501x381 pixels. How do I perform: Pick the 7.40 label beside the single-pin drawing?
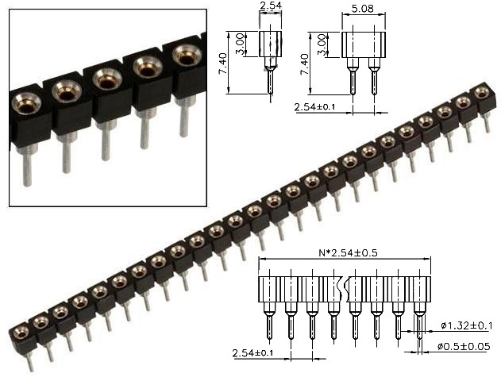point(225,61)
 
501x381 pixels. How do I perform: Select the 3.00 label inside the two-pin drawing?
point(322,44)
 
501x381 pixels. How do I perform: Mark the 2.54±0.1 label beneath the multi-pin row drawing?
point(252,352)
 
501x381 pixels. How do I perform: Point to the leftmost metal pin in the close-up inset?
point(27,167)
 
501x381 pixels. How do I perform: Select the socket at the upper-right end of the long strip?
point(481,93)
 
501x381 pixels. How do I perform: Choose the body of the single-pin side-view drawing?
point(270,43)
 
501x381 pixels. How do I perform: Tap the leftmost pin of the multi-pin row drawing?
point(268,325)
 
